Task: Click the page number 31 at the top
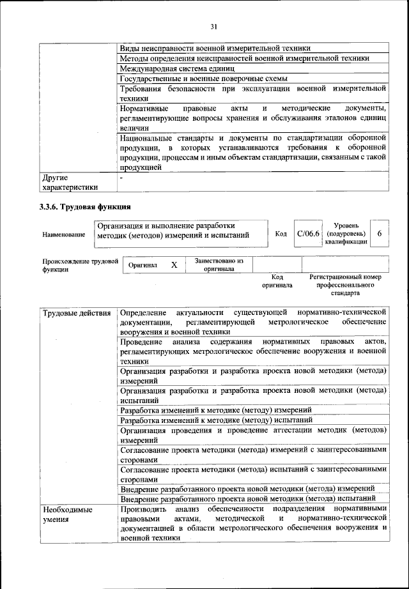click(x=213, y=26)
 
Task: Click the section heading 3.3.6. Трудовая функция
click(x=86, y=206)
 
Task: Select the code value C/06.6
click(x=307, y=234)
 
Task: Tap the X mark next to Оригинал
click(x=173, y=264)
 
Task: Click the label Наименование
click(x=64, y=235)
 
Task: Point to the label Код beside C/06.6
click(x=281, y=234)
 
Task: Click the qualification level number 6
click(x=380, y=234)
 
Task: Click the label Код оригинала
click(x=277, y=281)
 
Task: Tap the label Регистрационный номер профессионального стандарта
click(x=344, y=285)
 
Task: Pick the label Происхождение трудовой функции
click(x=79, y=265)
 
